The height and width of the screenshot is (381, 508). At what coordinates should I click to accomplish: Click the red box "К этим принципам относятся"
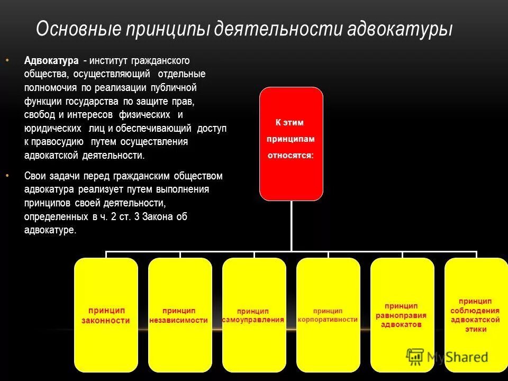pos(291,143)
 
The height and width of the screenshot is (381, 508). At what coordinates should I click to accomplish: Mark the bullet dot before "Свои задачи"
pos(7,175)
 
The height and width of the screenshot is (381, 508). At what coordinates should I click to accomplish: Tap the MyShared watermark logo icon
pos(415,357)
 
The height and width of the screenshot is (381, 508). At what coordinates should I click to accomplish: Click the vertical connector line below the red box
pos(291,225)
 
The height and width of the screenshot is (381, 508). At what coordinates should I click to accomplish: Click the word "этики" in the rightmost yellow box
pos(476,329)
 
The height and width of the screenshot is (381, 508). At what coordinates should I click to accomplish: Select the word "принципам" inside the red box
pos(291,139)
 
